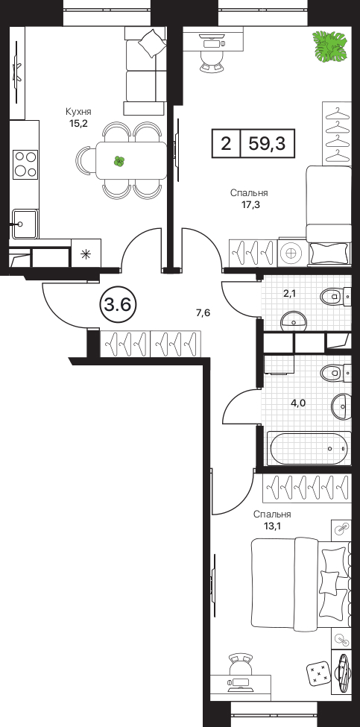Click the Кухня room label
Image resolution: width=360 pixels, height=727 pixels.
pyautogui.click(x=78, y=112)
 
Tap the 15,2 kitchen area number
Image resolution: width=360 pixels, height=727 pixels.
pyautogui.click(x=78, y=123)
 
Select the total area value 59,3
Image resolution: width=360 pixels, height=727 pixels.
pyautogui.click(x=267, y=143)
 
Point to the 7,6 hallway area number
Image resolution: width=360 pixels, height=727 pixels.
pyautogui.click(x=203, y=313)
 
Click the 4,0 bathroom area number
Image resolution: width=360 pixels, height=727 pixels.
pyautogui.click(x=298, y=403)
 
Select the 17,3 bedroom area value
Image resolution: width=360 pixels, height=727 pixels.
pyautogui.click(x=249, y=204)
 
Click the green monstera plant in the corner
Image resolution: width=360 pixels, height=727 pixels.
pyautogui.click(x=329, y=47)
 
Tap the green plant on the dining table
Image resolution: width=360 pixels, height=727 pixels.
pyautogui.click(x=119, y=161)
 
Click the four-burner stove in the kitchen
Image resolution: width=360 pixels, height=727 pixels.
pyautogui.click(x=25, y=164)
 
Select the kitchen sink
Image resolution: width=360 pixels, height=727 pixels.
pyautogui.click(x=25, y=224)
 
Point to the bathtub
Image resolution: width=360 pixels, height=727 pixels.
pyautogui.click(x=309, y=448)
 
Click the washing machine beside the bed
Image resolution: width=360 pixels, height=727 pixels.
pyautogui.click(x=291, y=254)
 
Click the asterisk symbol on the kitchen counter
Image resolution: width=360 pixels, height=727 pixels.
pyautogui.click(x=86, y=254)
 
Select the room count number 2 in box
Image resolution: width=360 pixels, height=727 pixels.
pyautogui.click(x=226, y=143)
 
